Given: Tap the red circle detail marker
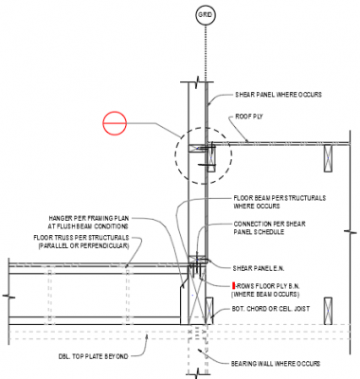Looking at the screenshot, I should [114, 123].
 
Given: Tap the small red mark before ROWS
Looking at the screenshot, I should [234, 284].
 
